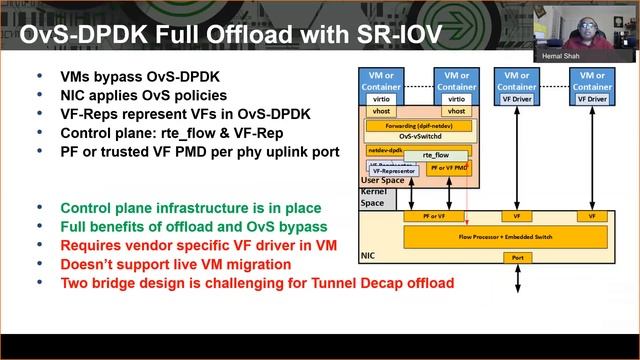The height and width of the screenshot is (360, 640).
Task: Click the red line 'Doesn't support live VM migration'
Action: (x=176, y=264)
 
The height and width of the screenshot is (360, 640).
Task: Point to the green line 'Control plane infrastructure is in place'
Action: (x=191, y=208)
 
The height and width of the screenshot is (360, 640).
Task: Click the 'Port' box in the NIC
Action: (x=517, y=257)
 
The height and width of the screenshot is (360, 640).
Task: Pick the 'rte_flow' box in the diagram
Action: (x=435, y=155)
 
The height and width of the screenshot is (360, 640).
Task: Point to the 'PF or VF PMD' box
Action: (x=447, y=169)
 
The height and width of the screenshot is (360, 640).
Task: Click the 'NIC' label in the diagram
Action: (x=367, y=256)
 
